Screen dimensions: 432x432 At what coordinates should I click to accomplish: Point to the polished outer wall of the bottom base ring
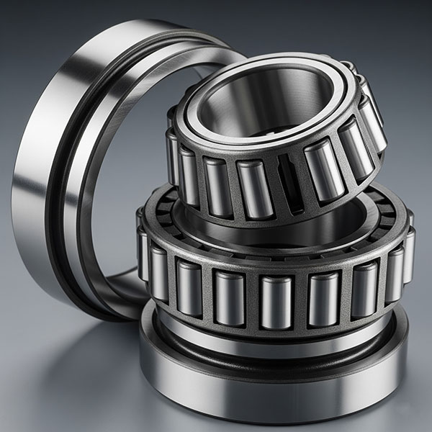274,392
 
